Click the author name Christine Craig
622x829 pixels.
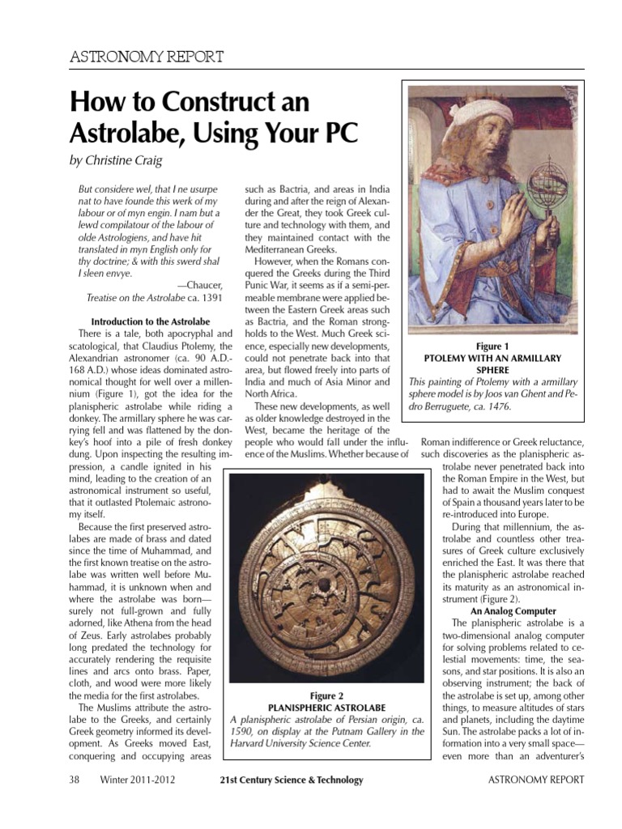click(127, 160)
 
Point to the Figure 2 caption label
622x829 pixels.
click(326, 695)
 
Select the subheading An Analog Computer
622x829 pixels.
click(514, 610)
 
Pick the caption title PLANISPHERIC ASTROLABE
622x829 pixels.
click(326, 707)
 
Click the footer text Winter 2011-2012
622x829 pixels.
click(138, 780)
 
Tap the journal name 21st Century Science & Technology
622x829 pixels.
click(291, 780)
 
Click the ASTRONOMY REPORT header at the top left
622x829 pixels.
click(148, 56)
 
